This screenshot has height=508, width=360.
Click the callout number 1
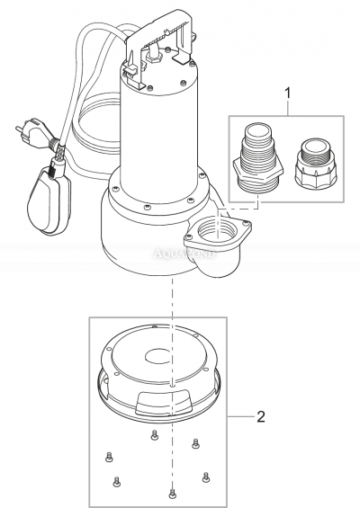pyautogui.click(x=287, y=92)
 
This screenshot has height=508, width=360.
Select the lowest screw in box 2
pyautogui.click(x=171, y=492)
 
